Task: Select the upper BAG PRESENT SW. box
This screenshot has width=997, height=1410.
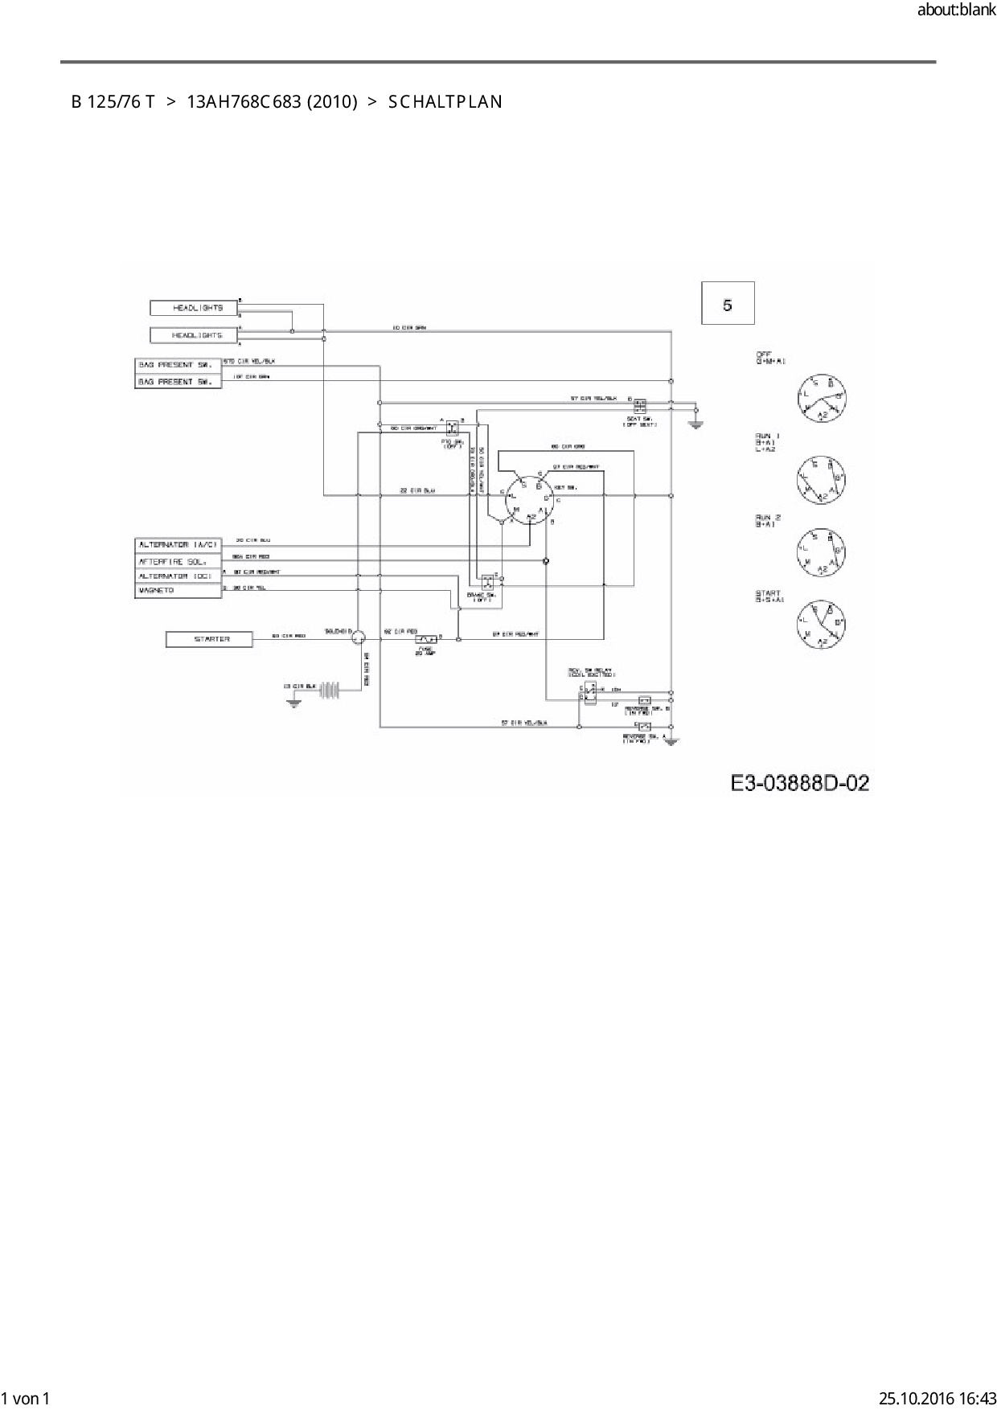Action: [178, 365]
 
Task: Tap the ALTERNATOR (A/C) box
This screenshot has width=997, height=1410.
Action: [178, 545]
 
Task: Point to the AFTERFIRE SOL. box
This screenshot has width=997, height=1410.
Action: [178, 561]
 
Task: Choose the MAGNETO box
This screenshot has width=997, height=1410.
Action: [178, 591]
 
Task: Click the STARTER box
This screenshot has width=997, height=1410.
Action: [209, 639]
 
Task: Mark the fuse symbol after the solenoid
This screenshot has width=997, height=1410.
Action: [425, 640]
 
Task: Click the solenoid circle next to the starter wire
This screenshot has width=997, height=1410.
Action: [357, 637]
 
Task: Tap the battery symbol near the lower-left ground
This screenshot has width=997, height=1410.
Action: [330, 689]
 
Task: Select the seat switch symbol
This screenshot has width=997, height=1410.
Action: [640, 406]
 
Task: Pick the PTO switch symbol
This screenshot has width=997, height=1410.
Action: [452, 427]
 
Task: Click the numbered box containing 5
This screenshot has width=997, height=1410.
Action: [728, 304]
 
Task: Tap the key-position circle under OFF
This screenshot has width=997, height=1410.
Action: [822, 399]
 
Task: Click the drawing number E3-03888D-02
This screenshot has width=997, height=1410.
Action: [800, 783]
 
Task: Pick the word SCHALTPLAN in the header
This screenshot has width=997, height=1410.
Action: [445, 102]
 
